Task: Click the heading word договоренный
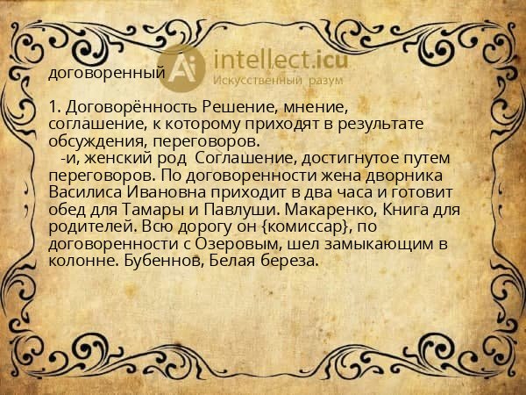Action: click(x=106, y=73)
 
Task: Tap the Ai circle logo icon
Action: click(x=184, y=68)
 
